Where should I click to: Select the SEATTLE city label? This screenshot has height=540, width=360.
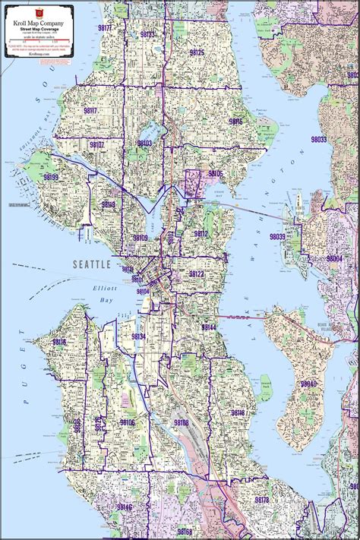click(x=92, y=264)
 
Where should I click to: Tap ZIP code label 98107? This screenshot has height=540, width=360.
click(x=96, y=144)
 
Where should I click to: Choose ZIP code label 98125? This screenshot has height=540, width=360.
click(x=197, y=52)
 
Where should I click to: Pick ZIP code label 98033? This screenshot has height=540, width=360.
click(x=318, y=140)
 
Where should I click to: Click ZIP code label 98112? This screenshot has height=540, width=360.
click(x=201, y=234)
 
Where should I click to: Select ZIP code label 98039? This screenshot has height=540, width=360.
click(x=277, y=237)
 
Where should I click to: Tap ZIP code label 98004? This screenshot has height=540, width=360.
click(x=334, y=258)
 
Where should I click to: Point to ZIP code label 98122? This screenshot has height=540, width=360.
click(x=197, y=273)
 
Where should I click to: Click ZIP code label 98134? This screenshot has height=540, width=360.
click(x=138, y=336)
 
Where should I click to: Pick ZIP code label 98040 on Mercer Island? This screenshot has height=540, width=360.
click(x=308, y=384)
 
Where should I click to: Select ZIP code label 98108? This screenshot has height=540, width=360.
click(x=181, y=422)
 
